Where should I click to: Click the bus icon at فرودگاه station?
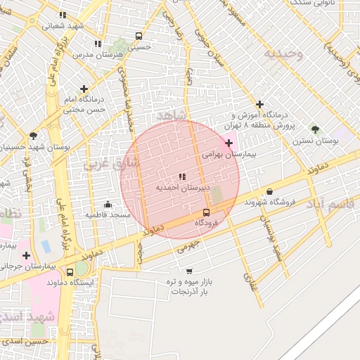click(207, 212)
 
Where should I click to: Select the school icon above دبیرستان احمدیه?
click(181, 176)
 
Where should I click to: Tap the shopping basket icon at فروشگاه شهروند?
click(270, 191)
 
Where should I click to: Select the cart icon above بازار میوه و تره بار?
click(189, 271)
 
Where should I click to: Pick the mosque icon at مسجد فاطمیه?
click(107, 204)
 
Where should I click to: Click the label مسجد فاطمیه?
click(108, 214)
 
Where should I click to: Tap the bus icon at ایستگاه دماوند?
click(70, 272)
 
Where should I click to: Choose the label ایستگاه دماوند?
click(70, 282)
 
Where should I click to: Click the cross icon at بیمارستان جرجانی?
click(26, 256)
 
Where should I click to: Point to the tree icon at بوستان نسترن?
click(314, 129)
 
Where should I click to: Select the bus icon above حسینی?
click(138, 37)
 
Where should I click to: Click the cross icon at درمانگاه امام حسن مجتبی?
click(84, 89)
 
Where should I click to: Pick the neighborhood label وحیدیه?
click(283, 53)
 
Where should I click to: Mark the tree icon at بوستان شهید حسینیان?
click(33, 136)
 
